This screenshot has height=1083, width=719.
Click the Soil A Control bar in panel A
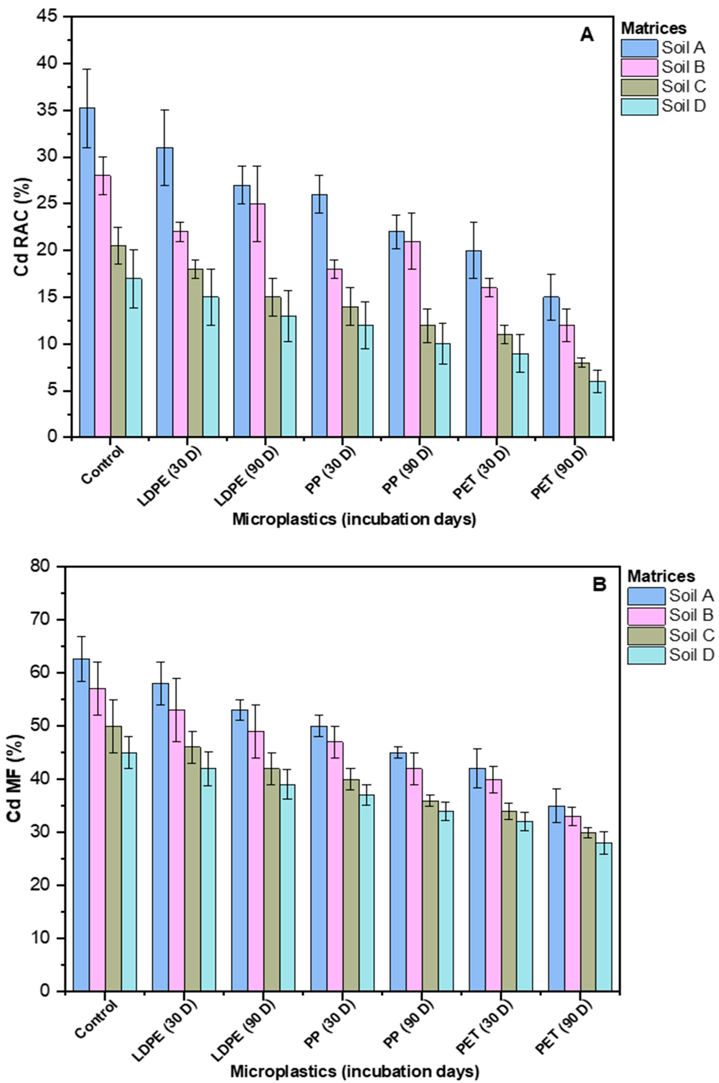[x=87, y=272]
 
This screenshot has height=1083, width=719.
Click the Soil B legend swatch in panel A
[x=639, y=67]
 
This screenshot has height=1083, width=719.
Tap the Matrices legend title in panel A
[x=653, y=28]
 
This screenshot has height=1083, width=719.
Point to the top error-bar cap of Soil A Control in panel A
[x=87, y=69]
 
